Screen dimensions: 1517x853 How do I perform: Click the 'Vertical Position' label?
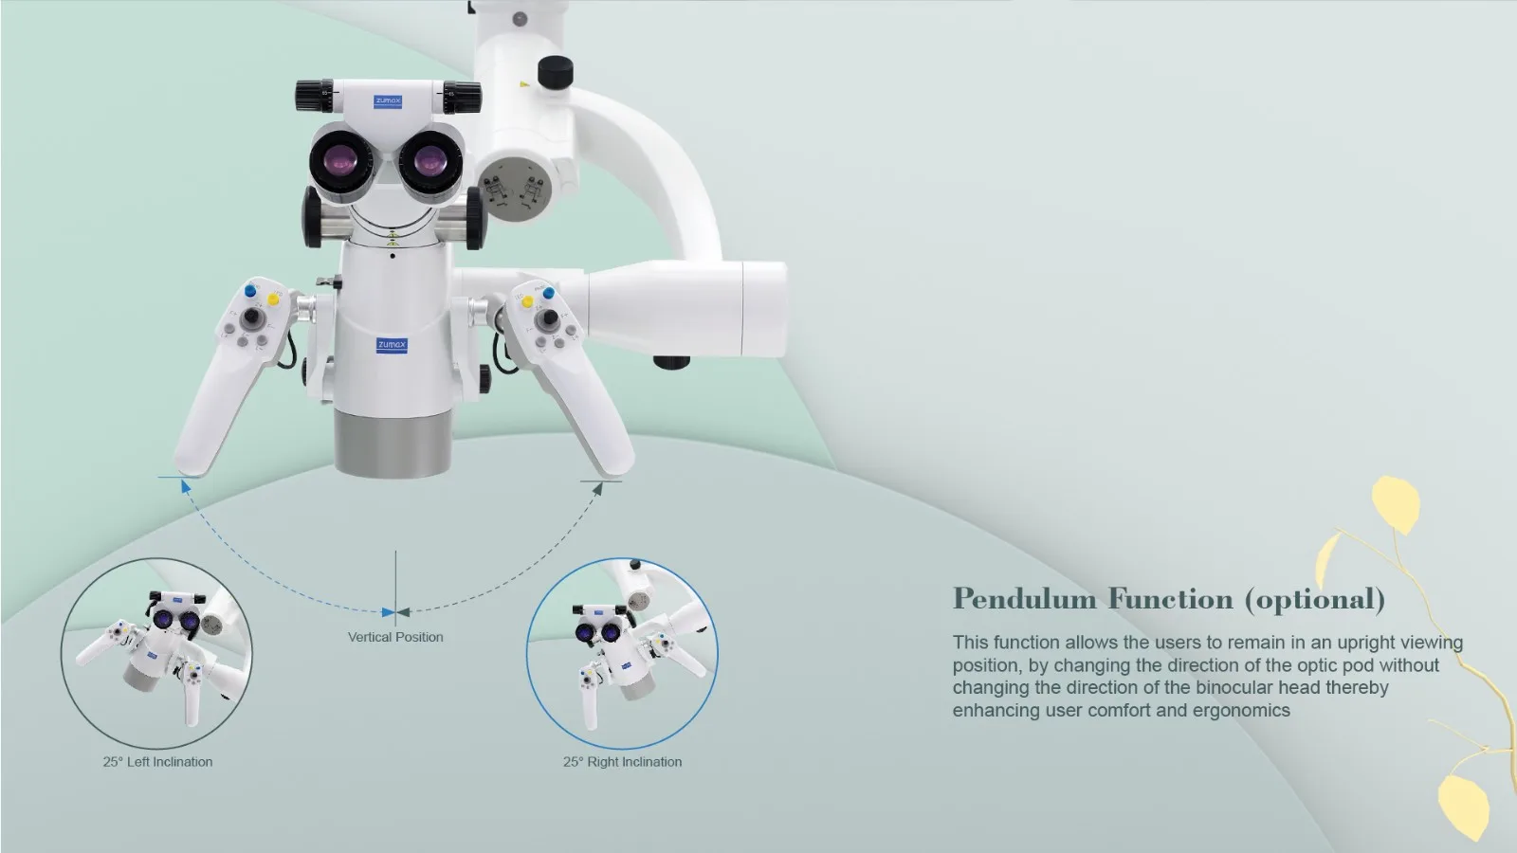coord(395,637)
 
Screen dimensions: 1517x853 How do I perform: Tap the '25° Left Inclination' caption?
coord(157,762)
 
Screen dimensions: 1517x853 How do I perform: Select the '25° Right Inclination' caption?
coord(622,762)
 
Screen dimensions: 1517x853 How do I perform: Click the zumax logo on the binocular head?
coord(388,101)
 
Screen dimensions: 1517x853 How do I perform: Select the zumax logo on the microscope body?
coord(392,345)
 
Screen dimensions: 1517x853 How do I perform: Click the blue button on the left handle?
coord(250,291)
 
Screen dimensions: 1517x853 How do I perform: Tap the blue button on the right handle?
coord(549,293)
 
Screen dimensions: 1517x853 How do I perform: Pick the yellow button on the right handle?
coord(527,302)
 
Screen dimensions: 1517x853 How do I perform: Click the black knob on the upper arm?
coord(556,72)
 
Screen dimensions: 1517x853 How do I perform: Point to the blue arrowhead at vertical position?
coord(388,612)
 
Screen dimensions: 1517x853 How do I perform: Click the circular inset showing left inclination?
coord(157,653)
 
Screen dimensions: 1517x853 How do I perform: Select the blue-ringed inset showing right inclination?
coord(622,653)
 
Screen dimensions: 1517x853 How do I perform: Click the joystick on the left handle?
coord(252,317)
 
